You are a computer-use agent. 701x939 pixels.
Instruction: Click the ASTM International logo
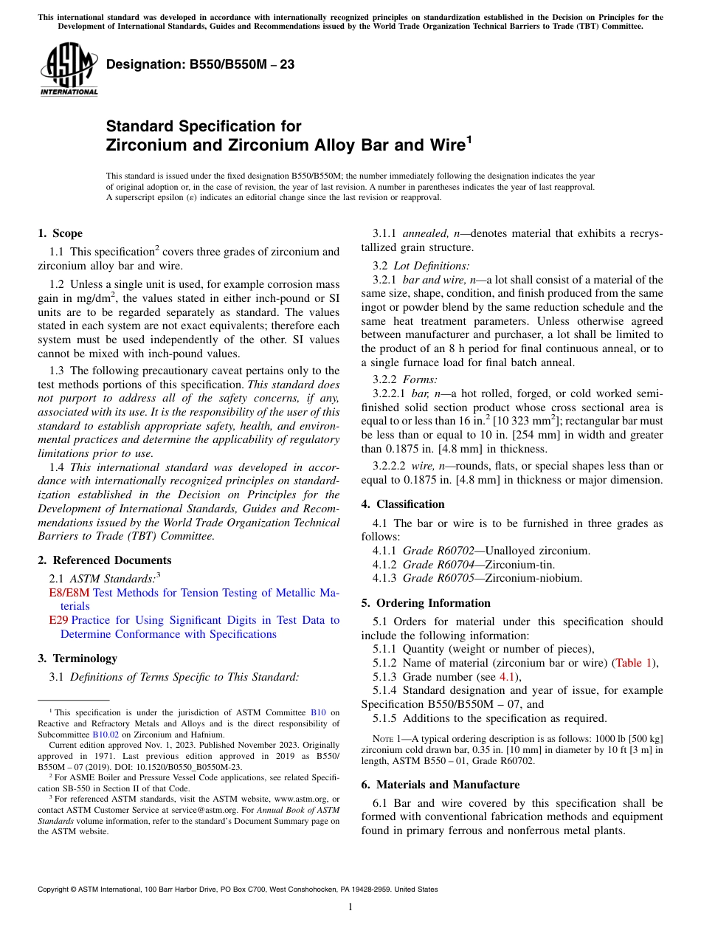tap(69, 70)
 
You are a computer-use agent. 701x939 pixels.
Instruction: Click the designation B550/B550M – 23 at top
tap(200, 64)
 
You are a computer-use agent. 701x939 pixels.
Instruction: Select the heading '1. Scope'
tap(60, 233)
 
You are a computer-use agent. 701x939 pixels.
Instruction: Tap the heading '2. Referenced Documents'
tap(104, 560)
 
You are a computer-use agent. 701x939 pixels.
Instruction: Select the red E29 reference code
tap(58, 620)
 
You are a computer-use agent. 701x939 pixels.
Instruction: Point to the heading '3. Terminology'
tap(77, 658)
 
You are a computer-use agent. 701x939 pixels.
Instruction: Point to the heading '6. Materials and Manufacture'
tap(440, 785)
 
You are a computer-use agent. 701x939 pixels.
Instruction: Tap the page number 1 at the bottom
tap(350, 907)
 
